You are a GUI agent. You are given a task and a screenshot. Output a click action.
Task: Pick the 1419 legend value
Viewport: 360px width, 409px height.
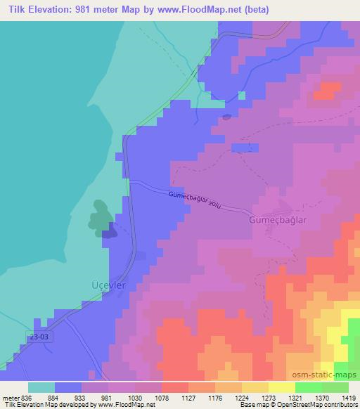point(348,398)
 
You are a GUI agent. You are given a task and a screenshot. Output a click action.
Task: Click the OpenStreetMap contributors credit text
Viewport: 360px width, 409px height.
point(315,405)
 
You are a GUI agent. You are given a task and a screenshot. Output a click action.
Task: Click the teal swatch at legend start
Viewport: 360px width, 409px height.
point(41,387)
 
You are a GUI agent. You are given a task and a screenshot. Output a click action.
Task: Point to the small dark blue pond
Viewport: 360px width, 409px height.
point(226,117)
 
